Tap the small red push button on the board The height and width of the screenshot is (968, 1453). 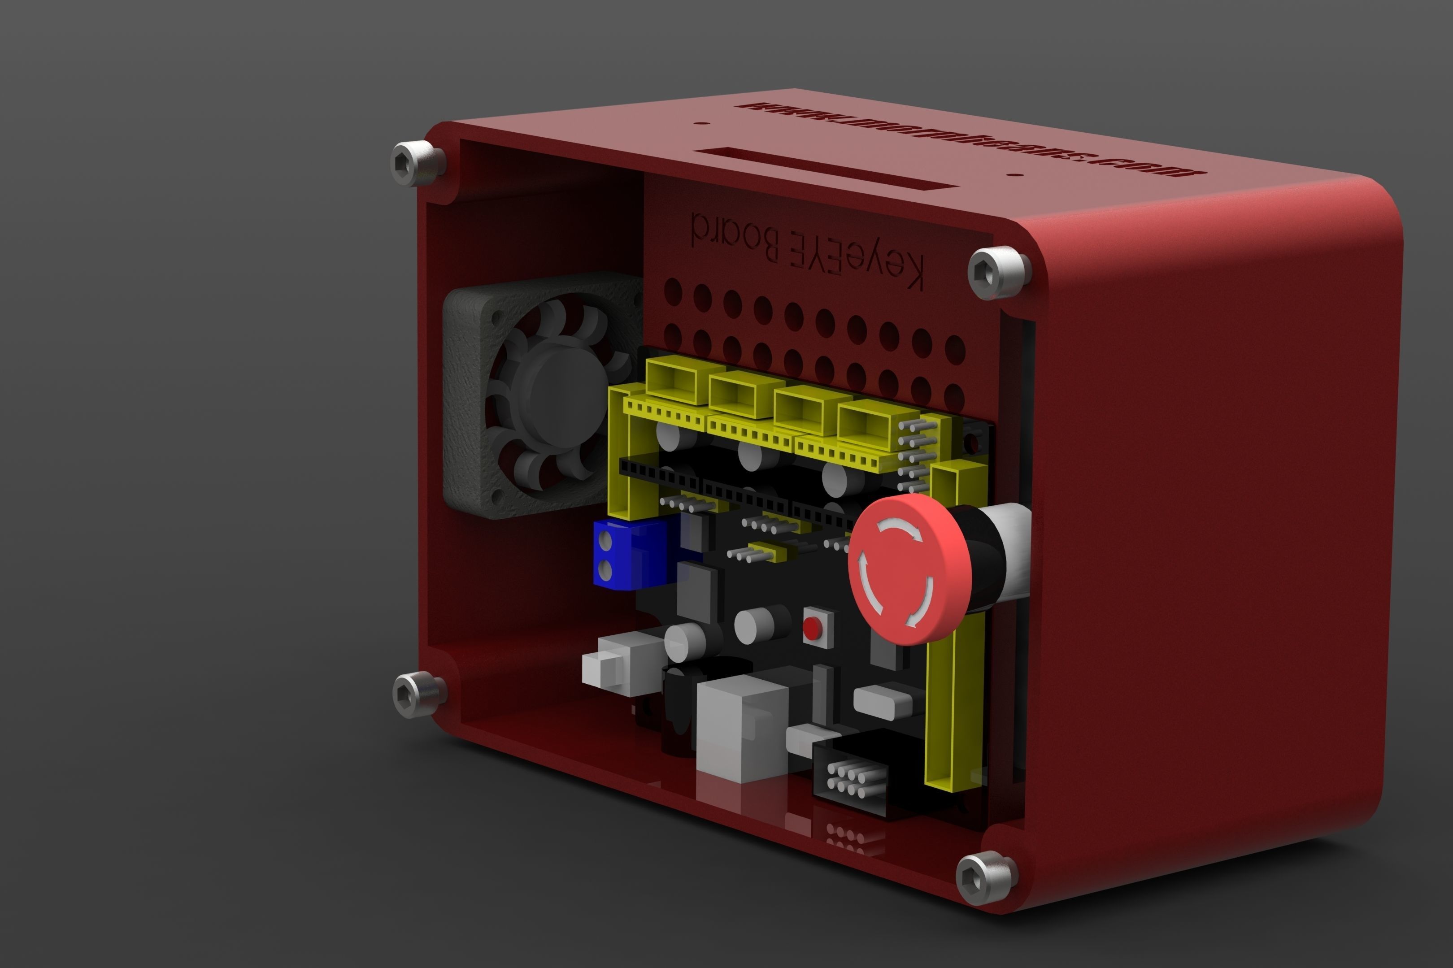pyautogui.click(x=813, y=629)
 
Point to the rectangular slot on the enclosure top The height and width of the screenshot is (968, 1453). pyautogui.click(x=824, y=168)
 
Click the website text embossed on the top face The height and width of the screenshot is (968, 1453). pyautogui.click(x=970, y=139)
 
